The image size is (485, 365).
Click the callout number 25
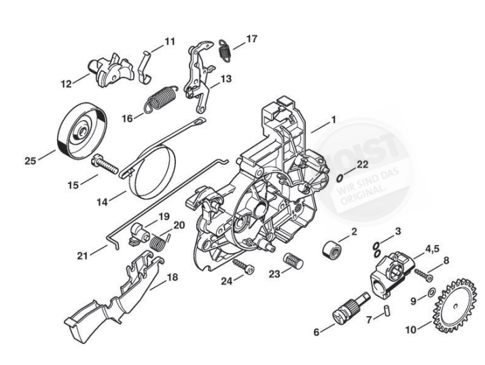pos(30,160)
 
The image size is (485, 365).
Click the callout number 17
pos(251,39)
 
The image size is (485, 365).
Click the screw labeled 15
pos(103,164)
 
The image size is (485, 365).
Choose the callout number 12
pos(66,84)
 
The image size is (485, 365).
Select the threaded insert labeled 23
pos(291,260)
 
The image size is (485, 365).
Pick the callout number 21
pos(83,256)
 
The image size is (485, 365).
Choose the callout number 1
pos(333,120)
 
